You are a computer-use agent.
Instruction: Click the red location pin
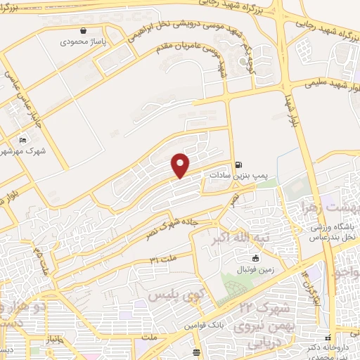click(x=181, y=165)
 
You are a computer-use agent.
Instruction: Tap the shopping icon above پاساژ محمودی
click(x=84, y=31)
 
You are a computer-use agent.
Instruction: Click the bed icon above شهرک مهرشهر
click(x=23, y=140)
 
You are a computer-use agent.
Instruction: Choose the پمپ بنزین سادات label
click(x=235, y=171)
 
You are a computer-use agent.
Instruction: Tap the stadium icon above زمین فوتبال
click(x=245, y=257)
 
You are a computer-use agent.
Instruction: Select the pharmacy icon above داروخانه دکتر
click(x=328, y=337)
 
